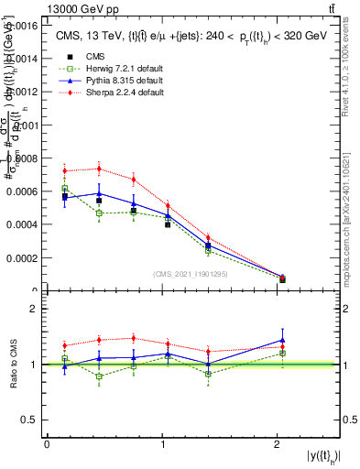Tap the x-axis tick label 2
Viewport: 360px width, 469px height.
[x=277, y=444]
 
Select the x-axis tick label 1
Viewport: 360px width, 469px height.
[x=162, y=444]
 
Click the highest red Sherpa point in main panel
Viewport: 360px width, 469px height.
[x=99, y=169]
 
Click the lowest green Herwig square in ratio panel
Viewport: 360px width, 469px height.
[x=99, y=376]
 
